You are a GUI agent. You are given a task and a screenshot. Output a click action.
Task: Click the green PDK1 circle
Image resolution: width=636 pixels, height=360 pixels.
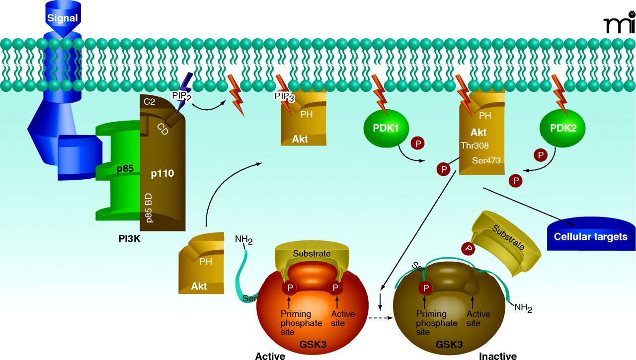coord(386,128)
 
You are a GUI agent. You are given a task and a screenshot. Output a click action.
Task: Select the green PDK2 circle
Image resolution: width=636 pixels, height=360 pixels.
coord(562,128)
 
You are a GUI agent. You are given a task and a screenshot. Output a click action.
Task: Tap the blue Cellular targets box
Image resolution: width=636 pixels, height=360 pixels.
coord(591,236)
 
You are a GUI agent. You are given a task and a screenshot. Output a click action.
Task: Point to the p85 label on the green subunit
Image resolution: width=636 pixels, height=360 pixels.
coord(125,168)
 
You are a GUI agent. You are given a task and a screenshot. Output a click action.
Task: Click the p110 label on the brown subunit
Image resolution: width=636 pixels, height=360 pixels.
coord(162,175)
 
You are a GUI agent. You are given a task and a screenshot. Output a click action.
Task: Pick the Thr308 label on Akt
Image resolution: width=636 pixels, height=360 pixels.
coord(475,146)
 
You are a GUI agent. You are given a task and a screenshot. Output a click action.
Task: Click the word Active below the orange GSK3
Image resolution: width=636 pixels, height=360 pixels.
coord(270,356)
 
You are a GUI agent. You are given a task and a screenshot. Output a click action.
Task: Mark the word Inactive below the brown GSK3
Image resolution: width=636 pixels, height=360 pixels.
coord(497,356)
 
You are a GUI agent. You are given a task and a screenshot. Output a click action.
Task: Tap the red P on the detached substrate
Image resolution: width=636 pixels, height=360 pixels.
coord(468,247)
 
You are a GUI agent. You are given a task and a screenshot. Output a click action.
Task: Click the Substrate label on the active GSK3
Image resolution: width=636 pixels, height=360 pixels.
coord(312,254)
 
